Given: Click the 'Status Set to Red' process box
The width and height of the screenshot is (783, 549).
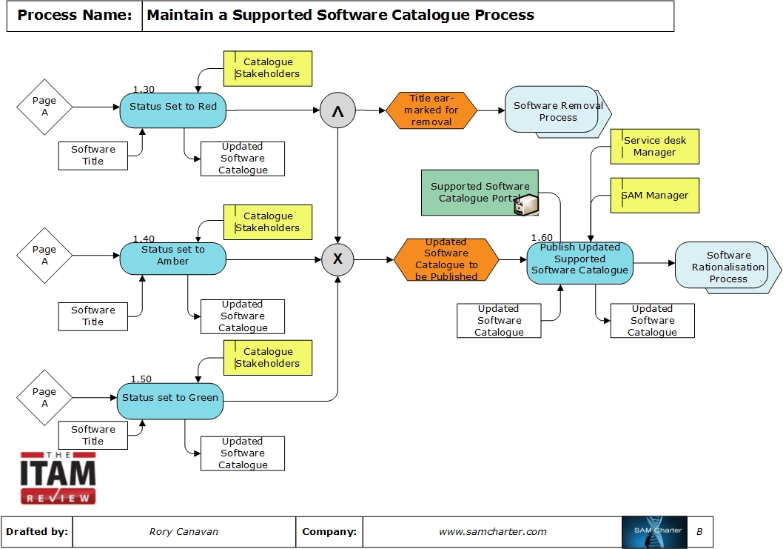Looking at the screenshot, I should (x=173, y=109).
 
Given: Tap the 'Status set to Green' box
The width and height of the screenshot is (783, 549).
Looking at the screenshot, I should (x=170, y=400).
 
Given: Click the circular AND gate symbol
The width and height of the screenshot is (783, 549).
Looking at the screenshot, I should (x=337, y=111).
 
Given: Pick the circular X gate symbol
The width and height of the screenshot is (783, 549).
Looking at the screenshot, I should (x=337, y=259).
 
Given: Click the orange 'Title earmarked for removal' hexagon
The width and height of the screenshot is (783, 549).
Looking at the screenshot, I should (x=431, y=110).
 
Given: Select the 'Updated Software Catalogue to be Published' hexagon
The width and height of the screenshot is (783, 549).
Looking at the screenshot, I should (x=446, y=259).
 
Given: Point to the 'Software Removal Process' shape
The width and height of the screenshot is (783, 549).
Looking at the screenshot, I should (x=554, y=112).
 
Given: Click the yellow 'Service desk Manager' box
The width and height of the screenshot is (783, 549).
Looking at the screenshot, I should (x=654, y=147).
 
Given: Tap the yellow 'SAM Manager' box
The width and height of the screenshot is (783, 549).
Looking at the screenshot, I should (x=654, y=196).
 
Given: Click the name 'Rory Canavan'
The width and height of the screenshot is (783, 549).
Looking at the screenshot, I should (x=183, y=532).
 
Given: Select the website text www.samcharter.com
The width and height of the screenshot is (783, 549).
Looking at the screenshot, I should (x=492, y=532).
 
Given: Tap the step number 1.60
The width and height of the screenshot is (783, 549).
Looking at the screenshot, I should (x=541, y=238).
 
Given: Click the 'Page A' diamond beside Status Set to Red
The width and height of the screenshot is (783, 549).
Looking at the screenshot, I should (x=44, y=107).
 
